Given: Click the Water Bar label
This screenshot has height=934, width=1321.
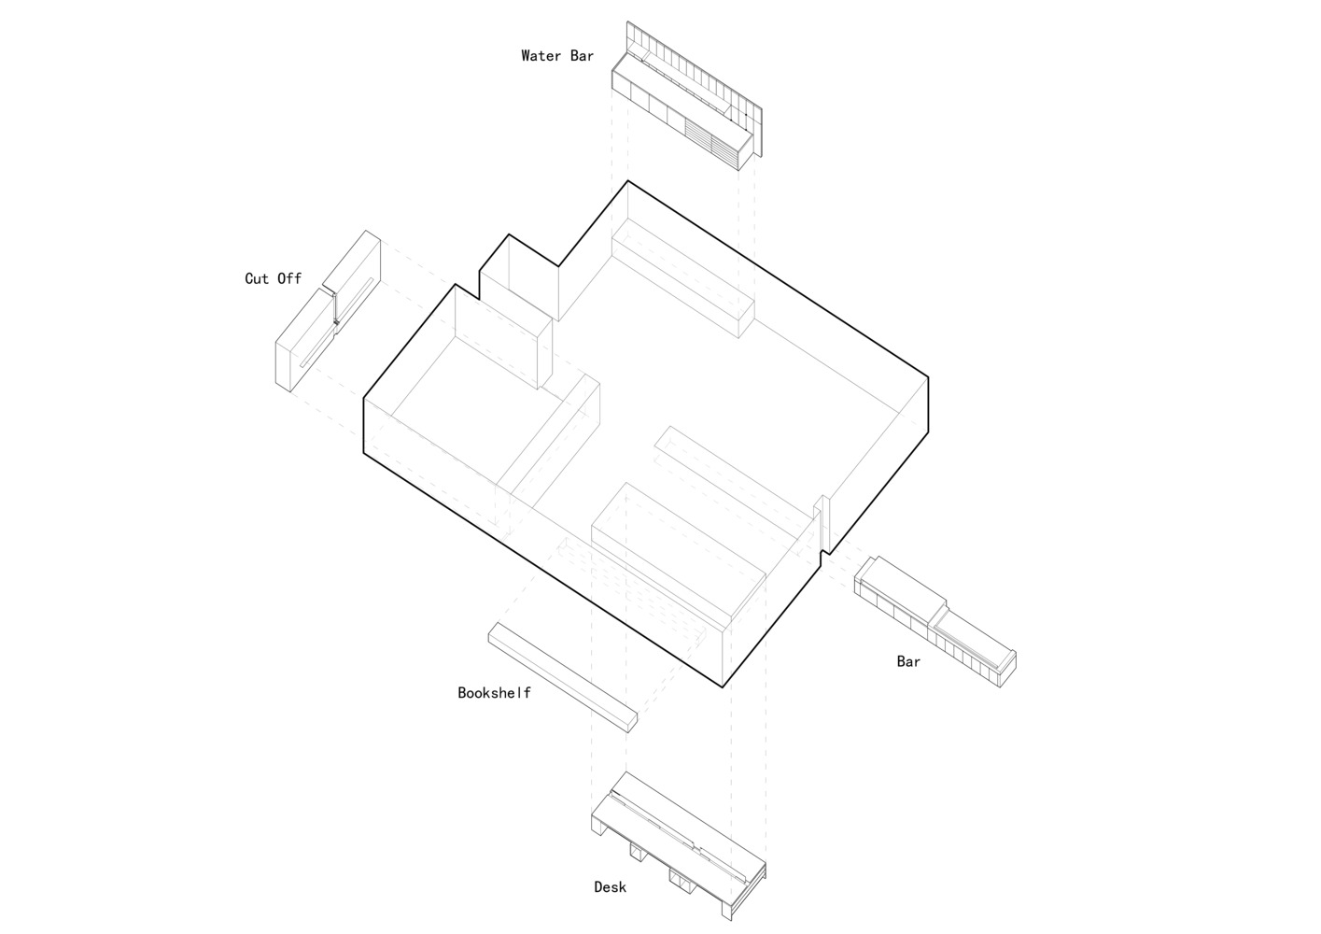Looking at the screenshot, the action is tap(556, 56).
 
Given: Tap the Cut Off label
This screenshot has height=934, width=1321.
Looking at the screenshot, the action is tap(273, 278).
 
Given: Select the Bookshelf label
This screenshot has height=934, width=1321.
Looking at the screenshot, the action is tap(494, 693).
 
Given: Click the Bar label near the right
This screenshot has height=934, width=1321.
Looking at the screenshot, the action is tap(908, 661).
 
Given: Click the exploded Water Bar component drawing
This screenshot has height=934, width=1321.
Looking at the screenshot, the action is tap(687, 96).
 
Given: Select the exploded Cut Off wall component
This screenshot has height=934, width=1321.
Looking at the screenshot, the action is tap(328, 311).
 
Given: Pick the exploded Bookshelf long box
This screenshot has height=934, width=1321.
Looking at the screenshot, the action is tap(563, 677).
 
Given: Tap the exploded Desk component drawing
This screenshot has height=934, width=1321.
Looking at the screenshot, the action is tap(678, 845).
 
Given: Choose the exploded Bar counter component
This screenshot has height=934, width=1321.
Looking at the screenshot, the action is tap(935, 621).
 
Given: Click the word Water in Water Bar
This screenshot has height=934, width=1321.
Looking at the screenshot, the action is tap(541, 56).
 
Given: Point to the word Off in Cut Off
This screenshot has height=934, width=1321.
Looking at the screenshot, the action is tap(289, 278).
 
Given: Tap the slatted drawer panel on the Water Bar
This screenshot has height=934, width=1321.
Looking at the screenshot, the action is tap(711, 143).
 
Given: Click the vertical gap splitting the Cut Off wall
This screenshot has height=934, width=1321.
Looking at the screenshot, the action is tap(334, 306).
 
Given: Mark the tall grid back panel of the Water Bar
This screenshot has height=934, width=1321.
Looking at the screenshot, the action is tap(695, 89).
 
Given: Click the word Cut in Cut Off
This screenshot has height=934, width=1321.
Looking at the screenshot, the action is tap(257, 278).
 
